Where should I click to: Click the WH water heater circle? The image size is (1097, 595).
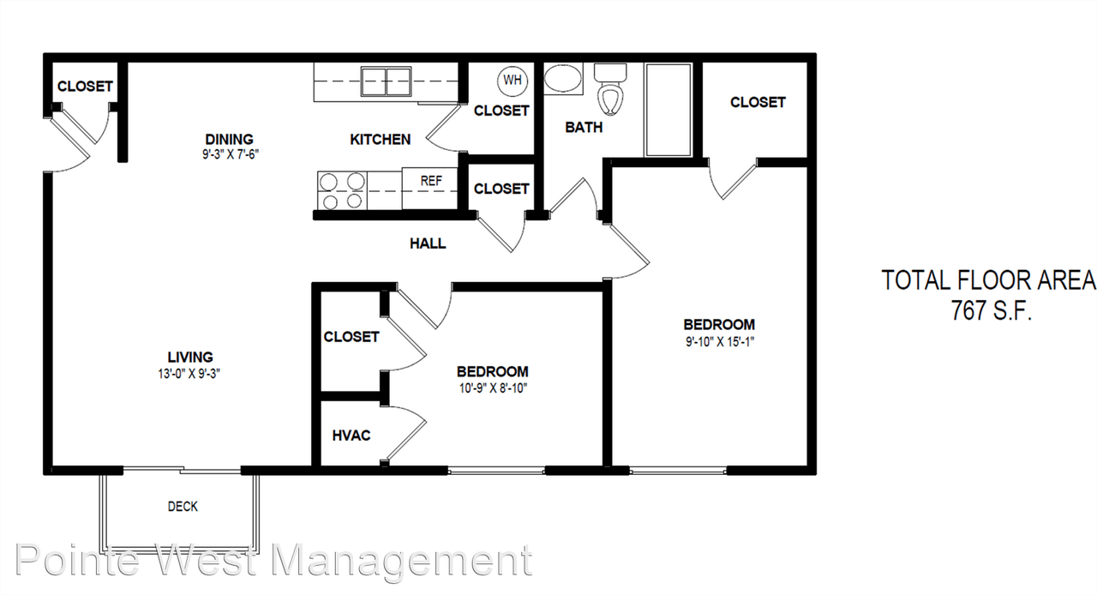click(513, 81)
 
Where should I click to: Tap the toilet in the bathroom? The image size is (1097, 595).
click(610, 90)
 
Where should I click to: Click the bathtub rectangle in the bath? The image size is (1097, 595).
click(668, 110)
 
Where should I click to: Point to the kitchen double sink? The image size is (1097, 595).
click(386, 81)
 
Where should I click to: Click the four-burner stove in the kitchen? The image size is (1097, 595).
click(342, 190)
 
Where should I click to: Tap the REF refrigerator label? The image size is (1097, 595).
click(431, 181)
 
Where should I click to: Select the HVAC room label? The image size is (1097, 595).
click(351, 436)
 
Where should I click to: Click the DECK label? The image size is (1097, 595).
click(183, 507)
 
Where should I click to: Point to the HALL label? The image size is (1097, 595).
click(428, 243)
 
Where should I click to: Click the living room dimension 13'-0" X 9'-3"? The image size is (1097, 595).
click(190, 373)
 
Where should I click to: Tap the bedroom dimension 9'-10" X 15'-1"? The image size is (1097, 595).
click(718, 340)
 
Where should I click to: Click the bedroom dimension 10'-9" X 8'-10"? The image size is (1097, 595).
click(492, 388)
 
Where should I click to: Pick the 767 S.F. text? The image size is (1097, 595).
click(990, 310)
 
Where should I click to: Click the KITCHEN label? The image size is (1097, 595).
click(381, 139)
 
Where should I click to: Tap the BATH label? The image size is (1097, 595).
click(584, 128)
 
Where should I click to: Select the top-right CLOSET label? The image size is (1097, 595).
click(758, 102)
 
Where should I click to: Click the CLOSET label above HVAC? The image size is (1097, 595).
click(351, 337)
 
